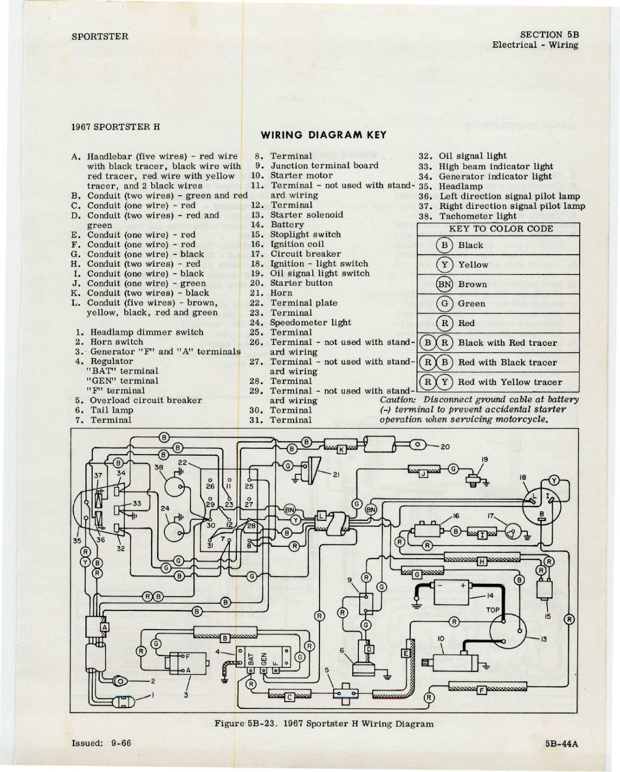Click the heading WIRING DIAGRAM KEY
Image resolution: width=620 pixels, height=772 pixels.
click(323, 135)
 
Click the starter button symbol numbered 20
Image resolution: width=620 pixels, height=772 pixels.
click(418, 444)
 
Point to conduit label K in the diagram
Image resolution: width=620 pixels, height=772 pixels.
click(341, 450)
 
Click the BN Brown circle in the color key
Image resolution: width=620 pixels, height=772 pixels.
click(444, 284)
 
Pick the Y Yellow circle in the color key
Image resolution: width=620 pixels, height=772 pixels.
click(444, 265)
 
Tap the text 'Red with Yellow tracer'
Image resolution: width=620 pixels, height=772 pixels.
click(510, 382)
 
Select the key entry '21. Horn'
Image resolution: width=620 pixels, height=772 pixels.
click(271, 293)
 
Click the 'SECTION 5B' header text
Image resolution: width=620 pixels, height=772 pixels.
click(549, 35)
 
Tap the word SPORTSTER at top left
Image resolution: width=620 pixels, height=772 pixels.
click(100, 37)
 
